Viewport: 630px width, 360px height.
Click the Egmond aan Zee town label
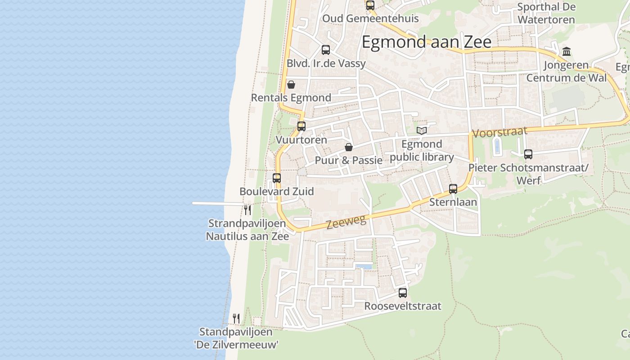point(426,42)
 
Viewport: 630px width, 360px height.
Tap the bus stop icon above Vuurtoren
point(301,126)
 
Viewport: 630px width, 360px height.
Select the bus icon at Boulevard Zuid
point(277,178)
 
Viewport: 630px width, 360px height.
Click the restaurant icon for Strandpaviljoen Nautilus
point(247,210)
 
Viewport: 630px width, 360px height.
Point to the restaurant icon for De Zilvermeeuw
point(236,319)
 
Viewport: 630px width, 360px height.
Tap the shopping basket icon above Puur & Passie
point(348,147)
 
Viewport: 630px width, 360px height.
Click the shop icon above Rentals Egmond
point(291,85)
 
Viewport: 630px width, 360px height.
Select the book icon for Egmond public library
point(421,131)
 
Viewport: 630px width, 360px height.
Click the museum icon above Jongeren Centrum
point(567,52)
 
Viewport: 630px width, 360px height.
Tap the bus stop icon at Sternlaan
point(453,189)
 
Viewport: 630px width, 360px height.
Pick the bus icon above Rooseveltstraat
point(403,293)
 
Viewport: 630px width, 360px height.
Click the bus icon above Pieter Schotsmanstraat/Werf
point(528,154)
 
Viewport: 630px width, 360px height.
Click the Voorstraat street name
point(499,132)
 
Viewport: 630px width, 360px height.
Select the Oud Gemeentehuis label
point(370,18)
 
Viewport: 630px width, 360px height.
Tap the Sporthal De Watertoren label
point(546,13)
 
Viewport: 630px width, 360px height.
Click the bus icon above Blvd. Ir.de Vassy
point(326,50)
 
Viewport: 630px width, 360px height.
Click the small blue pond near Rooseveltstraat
point(364,266)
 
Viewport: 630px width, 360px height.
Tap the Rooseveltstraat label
point(403,306)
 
